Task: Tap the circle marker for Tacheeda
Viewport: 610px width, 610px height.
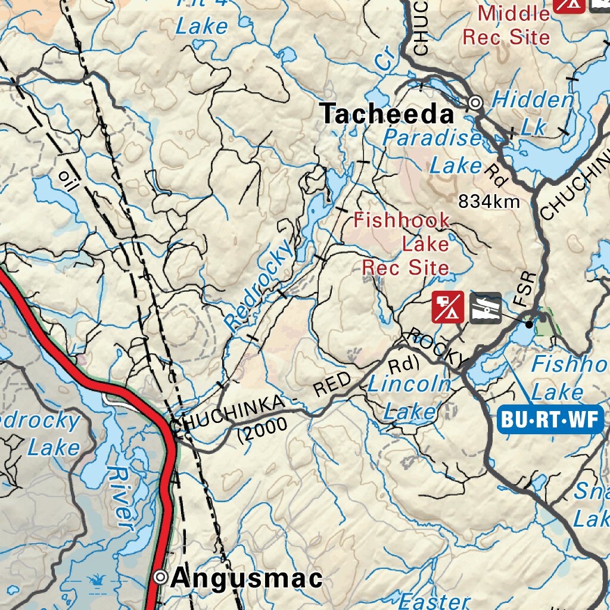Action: pos(475,103)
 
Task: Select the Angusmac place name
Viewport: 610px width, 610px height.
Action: pos(246,578)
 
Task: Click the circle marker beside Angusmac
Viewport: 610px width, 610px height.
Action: pos(160,577)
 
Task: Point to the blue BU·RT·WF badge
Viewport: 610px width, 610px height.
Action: pos(550,419)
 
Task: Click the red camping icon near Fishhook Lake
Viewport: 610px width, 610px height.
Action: pos(448,307)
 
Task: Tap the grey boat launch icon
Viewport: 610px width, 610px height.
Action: pos(485,307)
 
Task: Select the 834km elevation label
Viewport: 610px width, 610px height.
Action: pos(488,202)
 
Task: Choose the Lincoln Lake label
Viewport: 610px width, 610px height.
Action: pos(409,397)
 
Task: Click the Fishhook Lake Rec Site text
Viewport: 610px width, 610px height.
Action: pos(405,244)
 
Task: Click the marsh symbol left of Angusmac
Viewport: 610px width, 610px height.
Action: pos(95,578)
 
